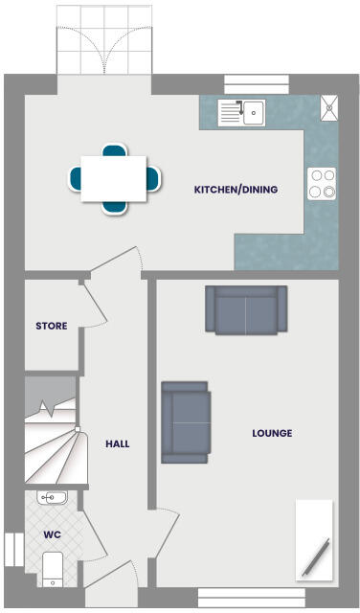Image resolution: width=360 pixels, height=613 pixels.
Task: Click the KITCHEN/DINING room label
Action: tap(236, 190)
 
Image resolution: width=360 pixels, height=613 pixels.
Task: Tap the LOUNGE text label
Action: tap(272, 433)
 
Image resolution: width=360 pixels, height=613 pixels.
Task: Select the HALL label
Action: tap(117, 443)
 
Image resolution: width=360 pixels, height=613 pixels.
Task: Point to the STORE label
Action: tap(51, 326)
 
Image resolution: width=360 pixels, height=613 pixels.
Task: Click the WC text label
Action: tap(52, 534)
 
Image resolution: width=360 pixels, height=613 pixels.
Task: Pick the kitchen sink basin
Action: tap(253, 113)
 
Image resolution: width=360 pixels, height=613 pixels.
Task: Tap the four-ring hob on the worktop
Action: tap(321, 183)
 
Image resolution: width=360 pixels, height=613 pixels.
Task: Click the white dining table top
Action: tap(113, 178)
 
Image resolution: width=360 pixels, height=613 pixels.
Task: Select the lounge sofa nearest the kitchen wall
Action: tap(245, 310)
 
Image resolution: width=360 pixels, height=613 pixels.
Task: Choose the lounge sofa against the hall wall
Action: tap(186, 422)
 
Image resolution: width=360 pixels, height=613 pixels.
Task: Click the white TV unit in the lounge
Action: tap(314, 540)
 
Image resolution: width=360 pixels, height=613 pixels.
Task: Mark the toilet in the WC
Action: tap(54, 568)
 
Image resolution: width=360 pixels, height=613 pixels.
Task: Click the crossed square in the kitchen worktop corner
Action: tap(329, 107)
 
